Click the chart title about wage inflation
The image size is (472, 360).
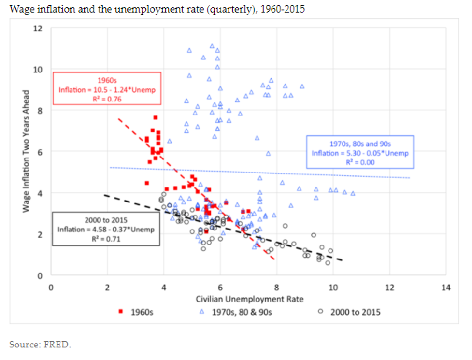[x=157, y=10]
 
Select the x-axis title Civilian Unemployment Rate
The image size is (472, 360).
[x=249, y=299]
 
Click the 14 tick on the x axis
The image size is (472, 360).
[x=446, y=288]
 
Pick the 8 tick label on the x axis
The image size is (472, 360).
[x=276, y=288]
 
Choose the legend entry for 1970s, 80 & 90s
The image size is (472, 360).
[x=237, y=312]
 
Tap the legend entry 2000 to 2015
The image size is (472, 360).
[x=350, y=312]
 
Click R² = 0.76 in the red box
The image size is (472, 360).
[x=107, y=99]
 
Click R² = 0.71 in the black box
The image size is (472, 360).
[x=106, y=238]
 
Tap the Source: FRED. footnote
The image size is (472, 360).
[x=40, y=345]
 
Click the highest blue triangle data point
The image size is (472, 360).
[x=212, y=46]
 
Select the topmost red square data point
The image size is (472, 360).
[x=156, y=117]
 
